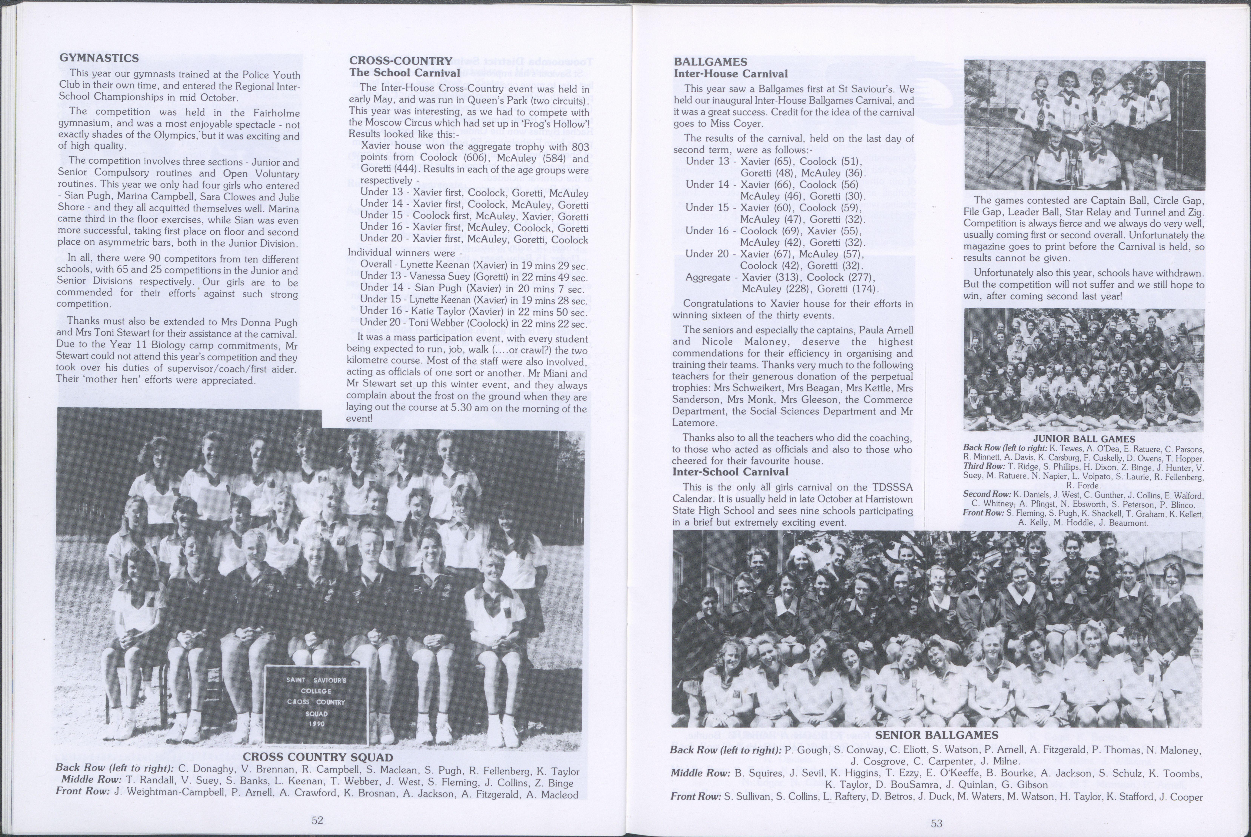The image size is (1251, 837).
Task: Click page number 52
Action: (x=317, y=820)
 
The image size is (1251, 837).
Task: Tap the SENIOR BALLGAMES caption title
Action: (x=936, y=736)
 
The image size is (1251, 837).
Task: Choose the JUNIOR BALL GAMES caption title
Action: (x=1084, y=439)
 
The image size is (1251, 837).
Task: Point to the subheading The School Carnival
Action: (x=404, y=73)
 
